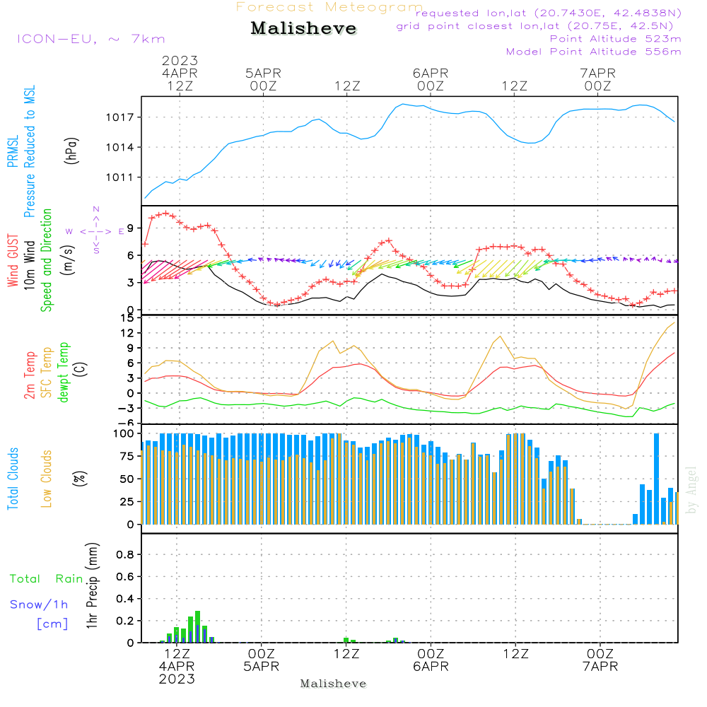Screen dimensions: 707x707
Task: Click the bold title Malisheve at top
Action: tap(303, 28)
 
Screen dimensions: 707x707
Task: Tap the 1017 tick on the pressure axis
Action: tap(120, 117)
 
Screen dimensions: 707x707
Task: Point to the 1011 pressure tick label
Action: tap(120, 177)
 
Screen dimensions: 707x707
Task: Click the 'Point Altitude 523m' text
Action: tap(615, 39)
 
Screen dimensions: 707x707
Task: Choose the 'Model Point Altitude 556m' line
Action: tap(593, 52)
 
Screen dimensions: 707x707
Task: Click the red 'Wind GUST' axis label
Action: tap(13, 260)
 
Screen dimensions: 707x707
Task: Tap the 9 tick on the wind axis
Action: tap(131, 228)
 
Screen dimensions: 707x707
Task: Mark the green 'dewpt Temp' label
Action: tap(64, 372)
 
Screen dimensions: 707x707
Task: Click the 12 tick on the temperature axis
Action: tap(128, 333)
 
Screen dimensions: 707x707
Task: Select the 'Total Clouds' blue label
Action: tap(13, 479)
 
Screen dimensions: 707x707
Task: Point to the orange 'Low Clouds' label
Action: tap(47, 479)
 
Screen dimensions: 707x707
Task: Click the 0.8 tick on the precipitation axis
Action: tap(125, 554)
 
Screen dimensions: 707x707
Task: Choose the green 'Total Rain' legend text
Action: tap(47, 579)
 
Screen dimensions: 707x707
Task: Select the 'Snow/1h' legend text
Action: tap(39, 604)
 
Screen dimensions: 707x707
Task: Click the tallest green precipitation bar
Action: tap(197, 626)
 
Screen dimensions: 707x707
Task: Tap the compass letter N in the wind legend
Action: tap(96, 209)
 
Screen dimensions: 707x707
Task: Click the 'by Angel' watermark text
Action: tap(691, 490)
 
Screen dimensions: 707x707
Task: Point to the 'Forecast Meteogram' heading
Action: tap(329, 7)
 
